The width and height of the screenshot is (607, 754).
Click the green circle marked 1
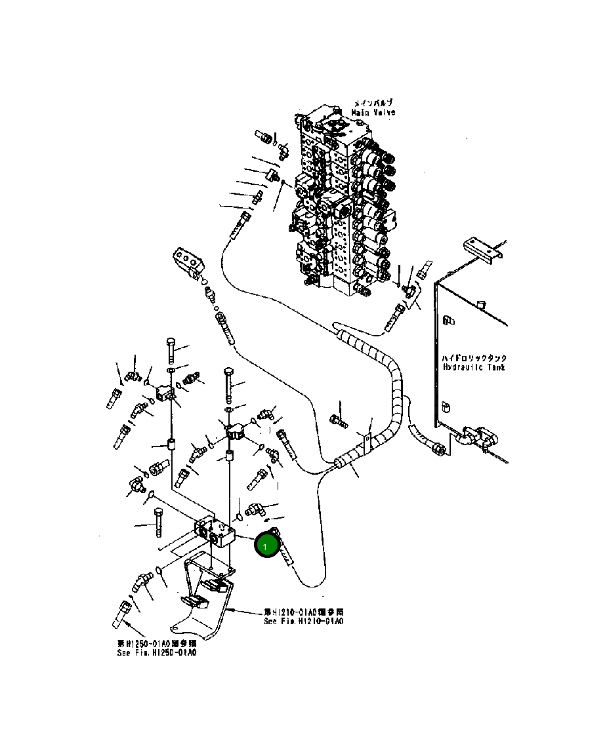266,546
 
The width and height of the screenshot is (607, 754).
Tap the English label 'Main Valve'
373,113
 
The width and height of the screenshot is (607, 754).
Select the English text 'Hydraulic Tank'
474,368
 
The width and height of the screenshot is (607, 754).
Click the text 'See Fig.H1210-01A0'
303,621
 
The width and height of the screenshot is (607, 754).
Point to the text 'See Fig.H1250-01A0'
156,652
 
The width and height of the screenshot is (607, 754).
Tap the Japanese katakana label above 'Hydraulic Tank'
474,359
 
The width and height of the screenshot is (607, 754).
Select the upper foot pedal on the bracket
214,585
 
